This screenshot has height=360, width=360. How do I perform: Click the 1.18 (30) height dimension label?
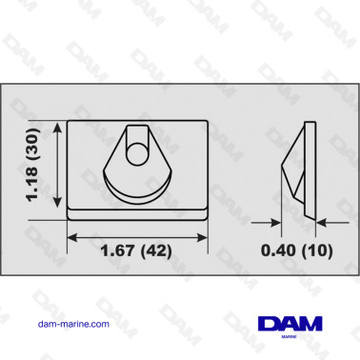pos(32,165)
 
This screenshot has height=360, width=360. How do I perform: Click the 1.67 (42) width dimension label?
pos(136,250)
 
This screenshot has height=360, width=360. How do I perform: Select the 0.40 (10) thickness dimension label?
pos(297,250)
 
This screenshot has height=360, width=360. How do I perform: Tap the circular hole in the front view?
pos(137,153)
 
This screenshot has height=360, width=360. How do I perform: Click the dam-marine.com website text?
pos(73,324)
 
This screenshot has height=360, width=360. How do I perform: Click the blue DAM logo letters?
pos(290,324)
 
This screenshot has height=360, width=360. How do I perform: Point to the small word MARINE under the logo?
pos(290,337)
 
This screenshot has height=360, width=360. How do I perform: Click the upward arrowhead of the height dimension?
pos(57,129)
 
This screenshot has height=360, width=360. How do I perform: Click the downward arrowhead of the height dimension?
pos(57,201)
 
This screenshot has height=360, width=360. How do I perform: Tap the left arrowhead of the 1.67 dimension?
pos(73,237)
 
